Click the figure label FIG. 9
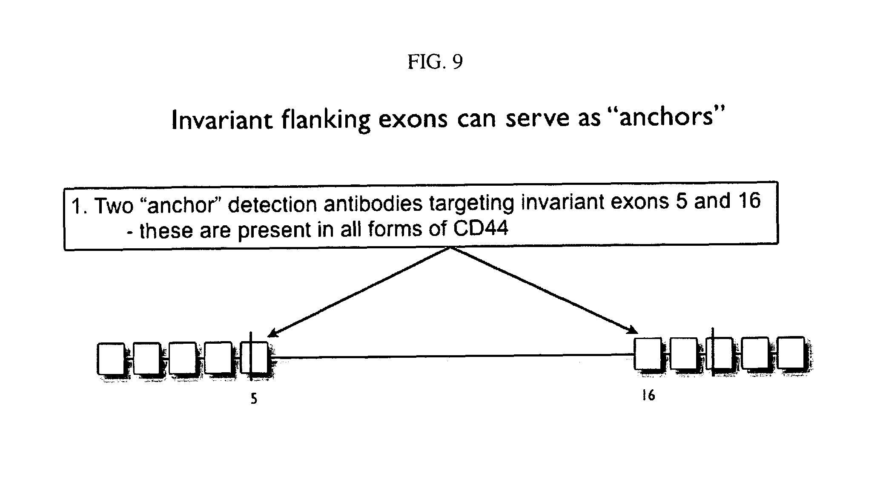coord(435,62)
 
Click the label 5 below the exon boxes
coord(254,399)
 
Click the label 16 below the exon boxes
coord(648,396)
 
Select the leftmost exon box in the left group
coord(111,359)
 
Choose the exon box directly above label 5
coord(254,358)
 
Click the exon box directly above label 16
coord(648,354)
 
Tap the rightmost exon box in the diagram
coord(791,353)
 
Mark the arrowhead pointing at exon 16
coord(634,331)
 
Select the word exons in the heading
coord(413,119)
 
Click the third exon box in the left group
coord(183,358)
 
